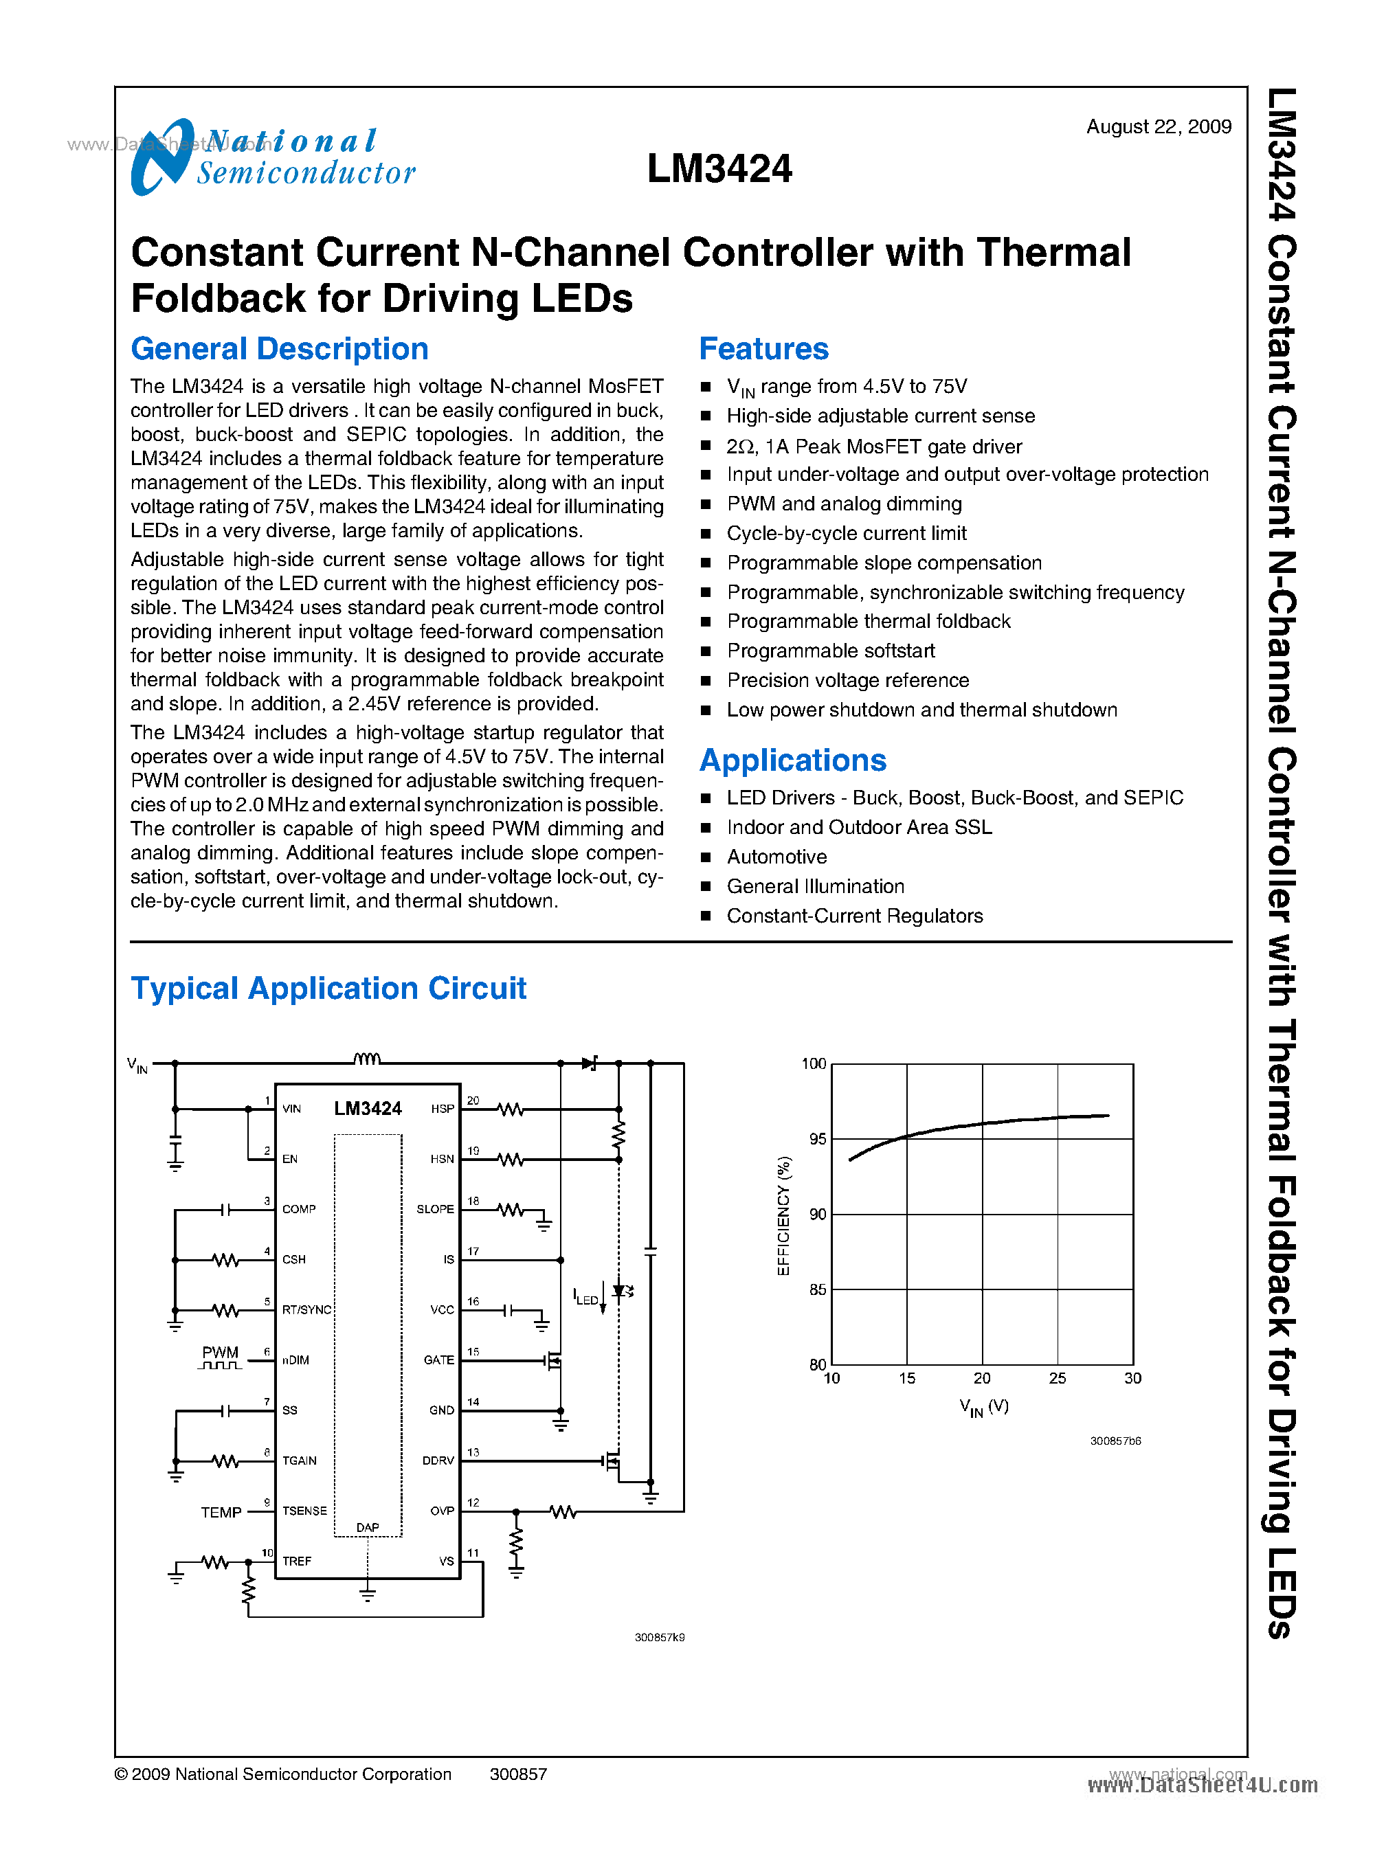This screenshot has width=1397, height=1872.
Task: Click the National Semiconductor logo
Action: coord(272,157)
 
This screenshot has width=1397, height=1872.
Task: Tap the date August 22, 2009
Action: coord(1158,127)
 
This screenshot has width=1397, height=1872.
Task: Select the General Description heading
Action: coord(279,349)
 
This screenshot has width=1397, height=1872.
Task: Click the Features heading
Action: coord(763,349)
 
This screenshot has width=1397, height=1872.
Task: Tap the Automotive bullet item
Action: coord(776,857)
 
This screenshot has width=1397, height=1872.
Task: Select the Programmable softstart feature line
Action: coord(830,651)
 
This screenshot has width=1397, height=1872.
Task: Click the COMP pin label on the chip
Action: coord(298,1209)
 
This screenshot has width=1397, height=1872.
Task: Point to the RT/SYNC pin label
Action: coord(306,1310)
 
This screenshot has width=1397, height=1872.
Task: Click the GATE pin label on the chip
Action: coord(439,1360)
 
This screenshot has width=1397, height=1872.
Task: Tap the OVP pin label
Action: coord(443,1511)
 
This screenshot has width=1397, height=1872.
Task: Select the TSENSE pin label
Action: coord(304,1511)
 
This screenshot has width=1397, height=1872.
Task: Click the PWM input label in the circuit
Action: coord(220,1353)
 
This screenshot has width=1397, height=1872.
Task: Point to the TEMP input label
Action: coord(221,1513)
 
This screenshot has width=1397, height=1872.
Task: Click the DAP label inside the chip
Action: coord(368,1527)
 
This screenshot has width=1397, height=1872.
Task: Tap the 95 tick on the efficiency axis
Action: coord(817,1139)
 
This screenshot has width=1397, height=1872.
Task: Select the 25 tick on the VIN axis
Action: coord(1057,1378)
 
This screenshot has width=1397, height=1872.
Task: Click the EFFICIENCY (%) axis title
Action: coord(784,1215)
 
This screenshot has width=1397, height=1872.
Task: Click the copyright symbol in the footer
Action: coord(121,1774)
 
